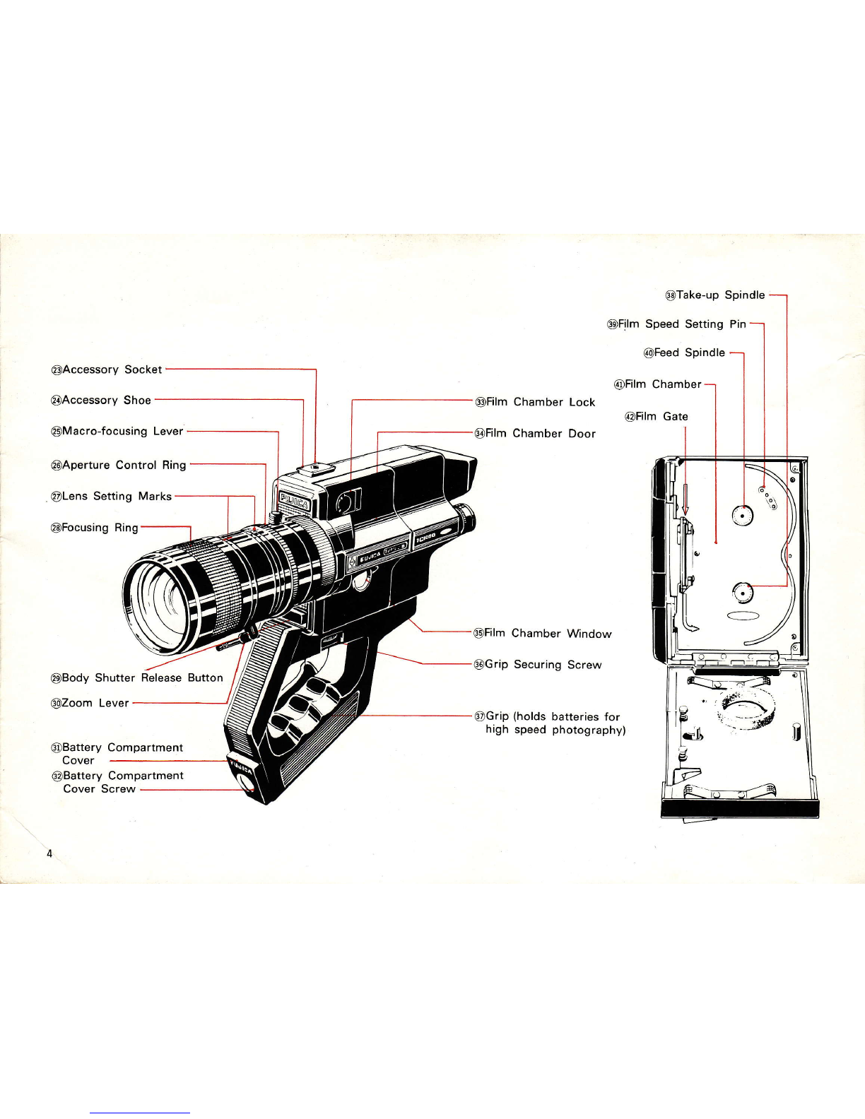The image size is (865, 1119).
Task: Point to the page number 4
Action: click(x=49, y=854)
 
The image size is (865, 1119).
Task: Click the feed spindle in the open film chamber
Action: click(x=742, y=514)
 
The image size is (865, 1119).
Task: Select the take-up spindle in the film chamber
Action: click(x=742, y=593)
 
